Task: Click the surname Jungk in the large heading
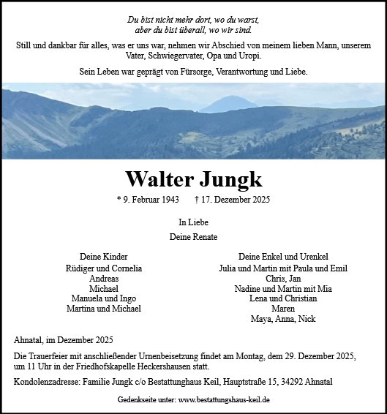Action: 228,179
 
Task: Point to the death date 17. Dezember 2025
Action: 234,200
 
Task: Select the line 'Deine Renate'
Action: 193,237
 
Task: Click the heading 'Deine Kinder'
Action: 104,257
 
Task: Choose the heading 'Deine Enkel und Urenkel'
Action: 283,257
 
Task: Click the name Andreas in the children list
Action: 104,279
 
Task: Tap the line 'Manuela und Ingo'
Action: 104,298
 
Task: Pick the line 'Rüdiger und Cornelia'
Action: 104,268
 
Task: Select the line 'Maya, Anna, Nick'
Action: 283,319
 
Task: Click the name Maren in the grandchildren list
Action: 283,309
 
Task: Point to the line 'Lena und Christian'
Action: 283,298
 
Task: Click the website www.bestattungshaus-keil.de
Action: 224,400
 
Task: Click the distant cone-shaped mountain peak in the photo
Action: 228,103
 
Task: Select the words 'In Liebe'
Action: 193,222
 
